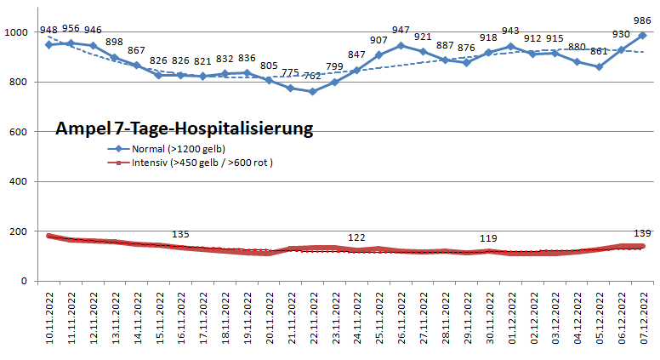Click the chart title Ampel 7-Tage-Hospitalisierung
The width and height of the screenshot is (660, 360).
point(185,129)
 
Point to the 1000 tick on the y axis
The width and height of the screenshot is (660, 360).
point(16,32)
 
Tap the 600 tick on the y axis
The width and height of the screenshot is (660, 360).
point(20,132)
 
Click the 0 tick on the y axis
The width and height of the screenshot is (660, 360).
point(26,281)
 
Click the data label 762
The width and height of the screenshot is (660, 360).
point(312,77)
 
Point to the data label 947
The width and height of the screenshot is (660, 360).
point(401,30)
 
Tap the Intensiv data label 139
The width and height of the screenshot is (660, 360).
point(642,233)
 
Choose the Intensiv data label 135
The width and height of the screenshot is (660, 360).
point(180,234)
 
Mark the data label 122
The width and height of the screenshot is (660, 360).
point(356,237)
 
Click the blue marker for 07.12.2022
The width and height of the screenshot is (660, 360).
point(642,36)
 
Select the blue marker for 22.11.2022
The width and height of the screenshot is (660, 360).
point(312,91)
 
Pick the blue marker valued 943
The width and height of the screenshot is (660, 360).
point(510,47)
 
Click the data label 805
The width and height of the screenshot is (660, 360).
point(268,66)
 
